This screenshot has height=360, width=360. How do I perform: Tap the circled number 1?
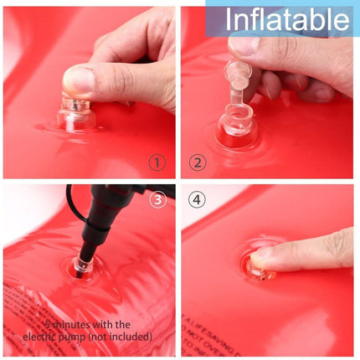coord(157,162)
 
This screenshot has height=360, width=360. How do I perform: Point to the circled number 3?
coord(157,200)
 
